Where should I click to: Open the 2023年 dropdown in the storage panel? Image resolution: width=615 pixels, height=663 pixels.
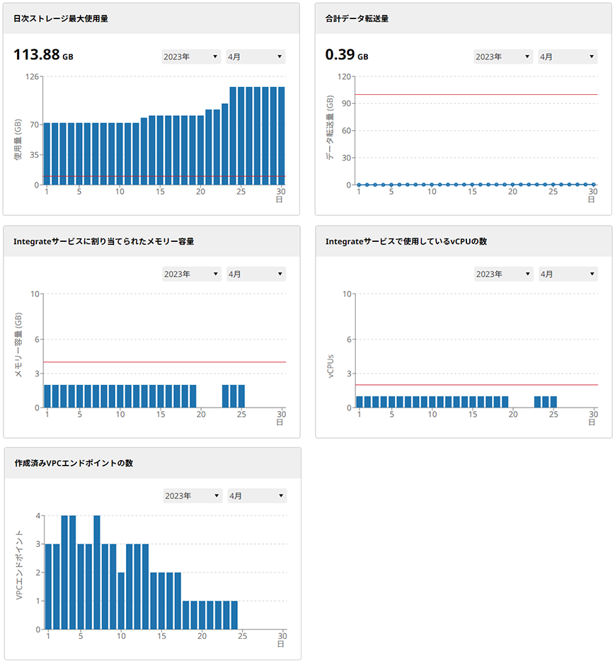pos(191,57)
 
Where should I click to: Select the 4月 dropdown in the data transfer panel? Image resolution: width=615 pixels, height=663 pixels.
pos(568,57)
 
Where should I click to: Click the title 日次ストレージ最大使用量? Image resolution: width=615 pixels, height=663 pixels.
pos(61,18)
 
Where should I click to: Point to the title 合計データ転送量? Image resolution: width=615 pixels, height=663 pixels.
pos(357,18)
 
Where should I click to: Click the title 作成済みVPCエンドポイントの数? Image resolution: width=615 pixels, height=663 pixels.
pos(74,463)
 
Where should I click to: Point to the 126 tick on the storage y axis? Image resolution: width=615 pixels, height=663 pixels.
pos(30,76)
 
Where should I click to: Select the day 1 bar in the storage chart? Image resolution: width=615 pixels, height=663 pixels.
pos(47,154)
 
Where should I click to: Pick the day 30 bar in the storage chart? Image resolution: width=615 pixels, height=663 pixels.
pos(281,136)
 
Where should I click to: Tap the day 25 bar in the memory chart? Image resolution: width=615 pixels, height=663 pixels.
pos(241,396)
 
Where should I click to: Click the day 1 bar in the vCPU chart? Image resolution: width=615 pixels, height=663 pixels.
pos(360,402)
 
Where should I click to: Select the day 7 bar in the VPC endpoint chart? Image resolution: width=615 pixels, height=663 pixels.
pos(97,572)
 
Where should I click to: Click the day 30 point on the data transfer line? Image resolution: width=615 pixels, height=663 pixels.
pos(593,185)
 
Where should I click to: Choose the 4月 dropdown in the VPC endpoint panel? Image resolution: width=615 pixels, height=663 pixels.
pos(257,496)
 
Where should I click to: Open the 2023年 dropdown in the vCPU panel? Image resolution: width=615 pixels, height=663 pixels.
pos(503,274)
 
